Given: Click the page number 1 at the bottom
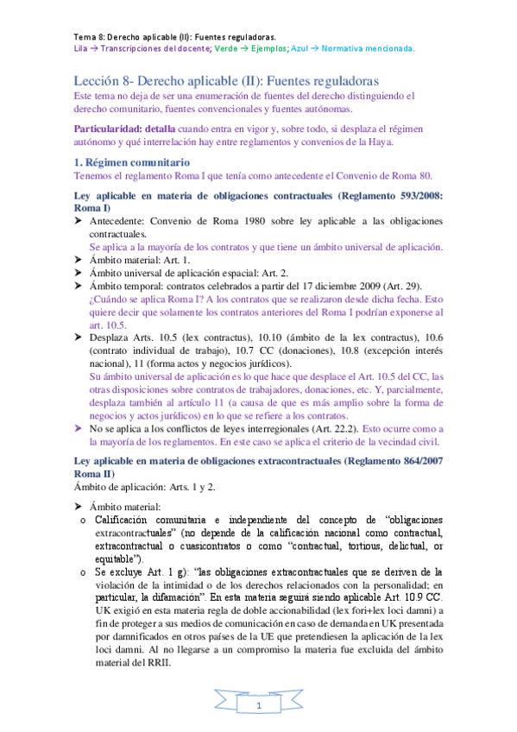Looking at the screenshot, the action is pos(259,707).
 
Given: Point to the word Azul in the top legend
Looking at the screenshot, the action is pos(302,49).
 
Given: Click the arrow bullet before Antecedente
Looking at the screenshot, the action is pos(79,222).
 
